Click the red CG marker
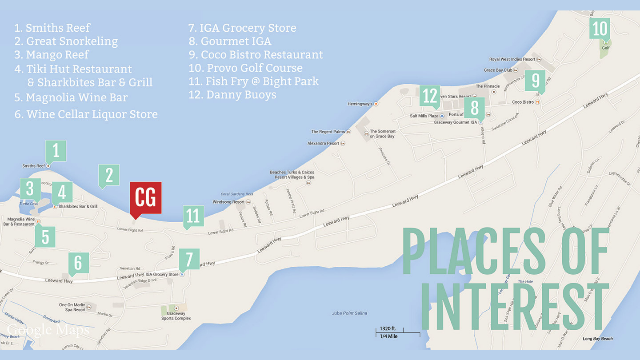(x=146, y=198)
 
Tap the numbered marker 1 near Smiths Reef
(x=56, y=151)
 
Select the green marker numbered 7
(x=189, y=259)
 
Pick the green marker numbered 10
(x=600, y=28)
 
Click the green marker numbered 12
(x=430, y=96)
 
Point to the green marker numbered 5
(x=45, y=237)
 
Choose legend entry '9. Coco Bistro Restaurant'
(x=256, y=55)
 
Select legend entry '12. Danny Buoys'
(x=232, y=95)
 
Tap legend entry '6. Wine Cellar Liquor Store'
(x=86, y=114)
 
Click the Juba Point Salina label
(x=349, y=313)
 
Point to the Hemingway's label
(x=360, y=104)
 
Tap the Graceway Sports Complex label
(x=176, y=316)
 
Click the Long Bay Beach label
(x=598, y=339)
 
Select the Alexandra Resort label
(x=323, y=143)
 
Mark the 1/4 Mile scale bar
(x=398, y=332)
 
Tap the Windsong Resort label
(x=229, y=202)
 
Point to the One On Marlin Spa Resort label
(x=73, y=307)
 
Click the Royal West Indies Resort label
(x=512, y=59)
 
